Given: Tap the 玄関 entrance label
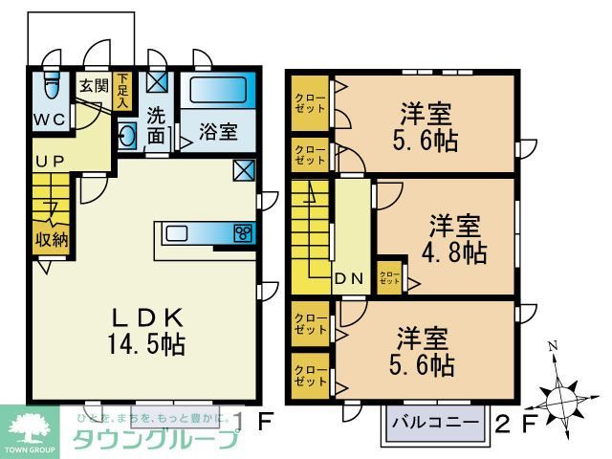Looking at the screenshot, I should click(x=93, y=85).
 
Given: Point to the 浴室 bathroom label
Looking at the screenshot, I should click(x=217, y=132).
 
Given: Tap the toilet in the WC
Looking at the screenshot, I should click(x=52, y=92).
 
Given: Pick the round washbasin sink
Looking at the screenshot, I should click(x=128, y=136).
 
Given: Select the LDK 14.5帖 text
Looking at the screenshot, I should click(x=143, y=330).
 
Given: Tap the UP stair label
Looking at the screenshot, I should click(x=49, y=161).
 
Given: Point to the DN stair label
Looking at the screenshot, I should click(x=346, y=279).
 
